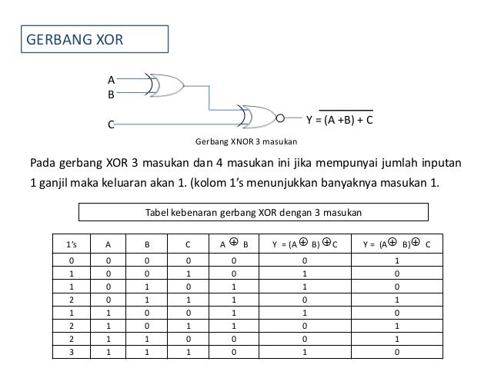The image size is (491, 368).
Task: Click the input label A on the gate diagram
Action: coord(111,79)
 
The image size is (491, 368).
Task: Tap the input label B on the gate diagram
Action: coord(111,95)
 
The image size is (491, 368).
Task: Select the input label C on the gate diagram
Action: coord(111,124)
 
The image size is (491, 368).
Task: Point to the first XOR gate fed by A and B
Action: coord(166,85)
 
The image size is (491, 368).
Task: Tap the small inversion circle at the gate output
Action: coord(280,119)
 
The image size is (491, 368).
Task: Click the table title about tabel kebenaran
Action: coord(254,212)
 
